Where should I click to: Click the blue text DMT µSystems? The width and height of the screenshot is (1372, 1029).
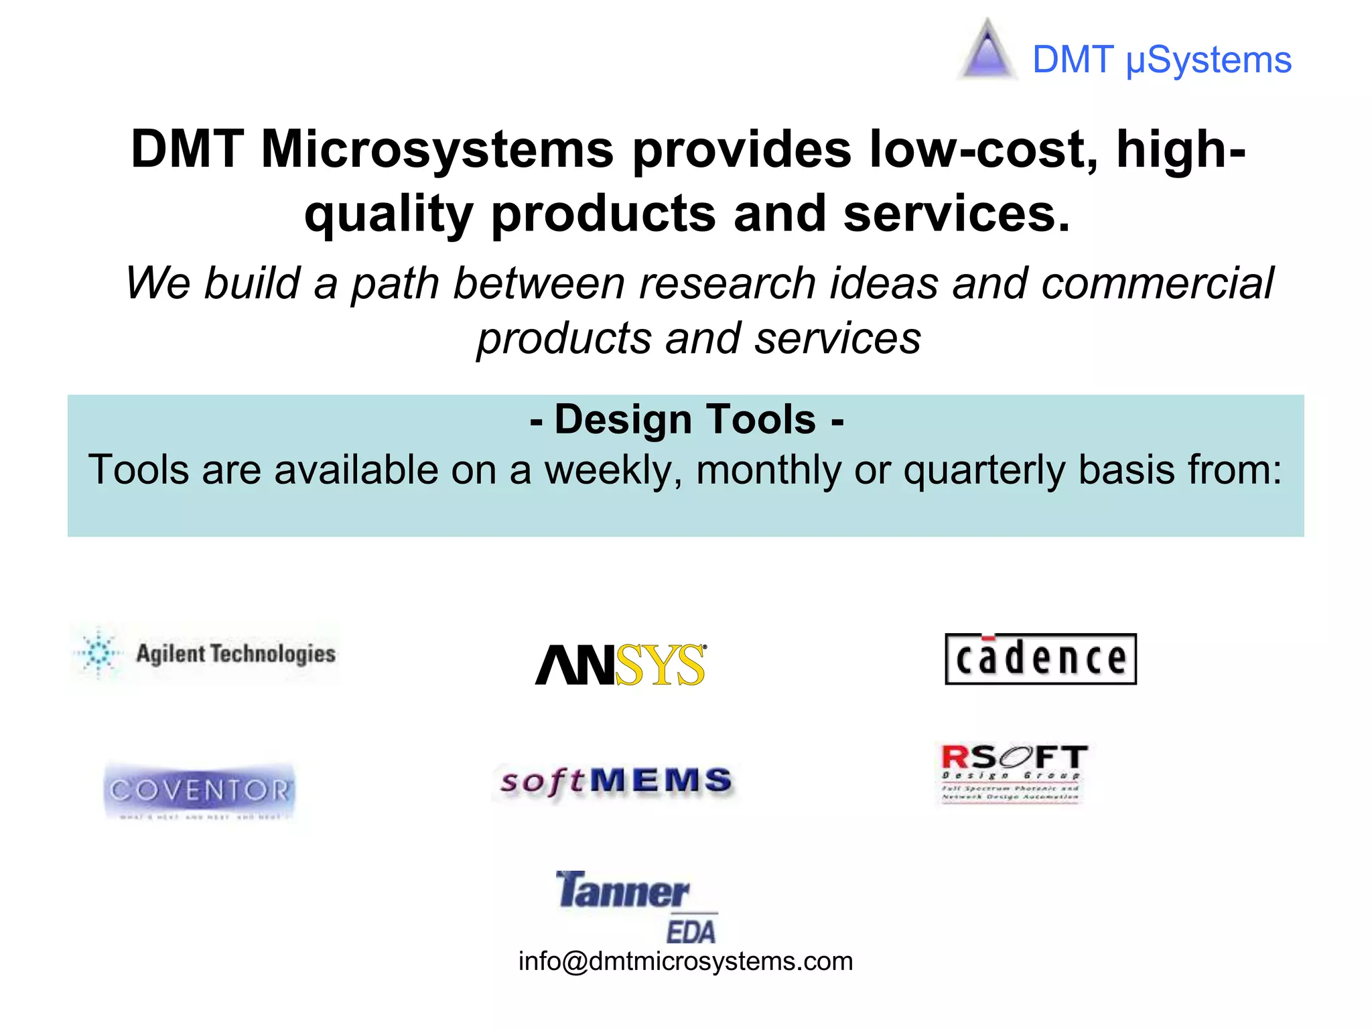[1161, 60]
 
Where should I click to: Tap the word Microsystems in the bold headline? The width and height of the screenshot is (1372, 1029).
[437, 149]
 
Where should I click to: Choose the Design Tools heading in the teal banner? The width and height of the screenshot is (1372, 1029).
[686, 420]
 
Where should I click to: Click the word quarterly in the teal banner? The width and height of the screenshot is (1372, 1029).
[983, 470]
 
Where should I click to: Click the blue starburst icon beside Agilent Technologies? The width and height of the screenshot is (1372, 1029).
[99, 653]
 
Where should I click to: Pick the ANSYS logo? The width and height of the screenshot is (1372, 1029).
[620, 665]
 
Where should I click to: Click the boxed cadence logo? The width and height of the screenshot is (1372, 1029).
[1040, 659]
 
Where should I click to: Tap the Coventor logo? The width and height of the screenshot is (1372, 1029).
[200, 791]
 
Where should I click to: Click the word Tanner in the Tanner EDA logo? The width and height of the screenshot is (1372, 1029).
[622, 892]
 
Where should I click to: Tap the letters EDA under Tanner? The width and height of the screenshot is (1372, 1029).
[691, 932]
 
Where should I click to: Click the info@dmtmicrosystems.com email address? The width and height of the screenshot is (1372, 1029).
[685, 962]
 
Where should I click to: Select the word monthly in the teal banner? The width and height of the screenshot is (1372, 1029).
[768, 470]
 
